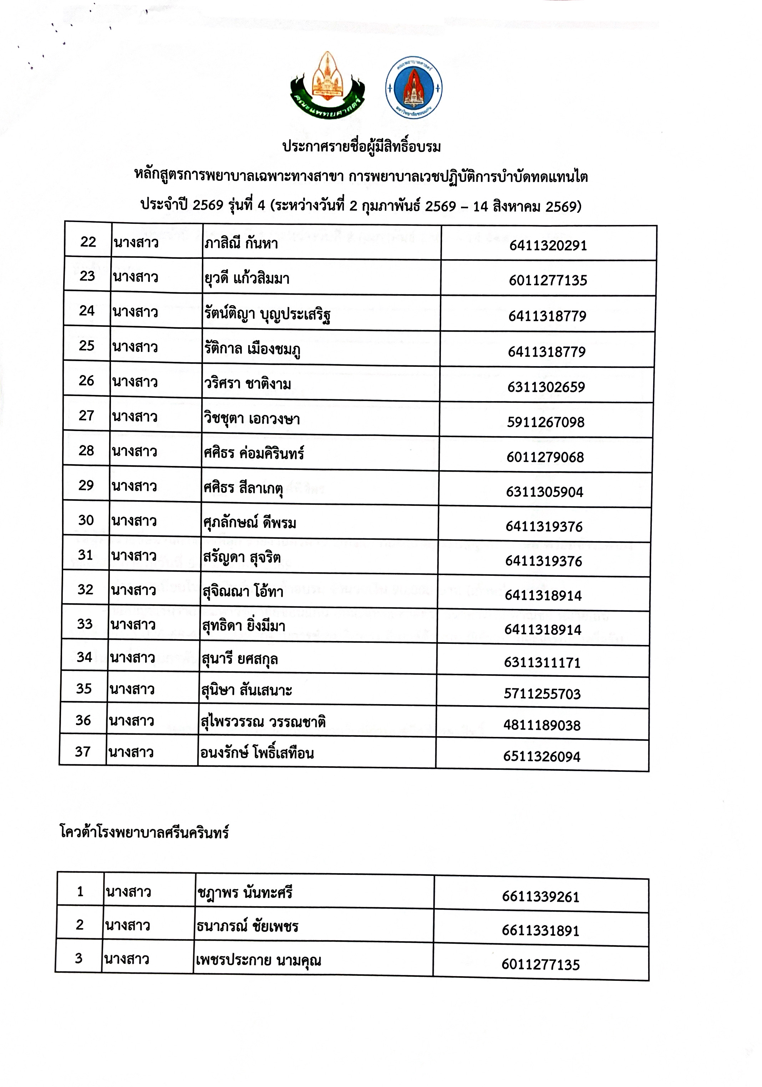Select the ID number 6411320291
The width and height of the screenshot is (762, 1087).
(548, 245)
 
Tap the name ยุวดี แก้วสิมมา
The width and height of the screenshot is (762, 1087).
(247, 278)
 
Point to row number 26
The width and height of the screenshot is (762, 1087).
(86, 381)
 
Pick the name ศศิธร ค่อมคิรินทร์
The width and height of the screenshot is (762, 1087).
(254, 453)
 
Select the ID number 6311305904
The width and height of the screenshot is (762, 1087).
(544, 492)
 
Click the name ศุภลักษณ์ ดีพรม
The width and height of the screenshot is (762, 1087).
(249, 523)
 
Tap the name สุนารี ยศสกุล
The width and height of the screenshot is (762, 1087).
(239, 659)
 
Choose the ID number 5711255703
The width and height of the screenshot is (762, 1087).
(542, 694)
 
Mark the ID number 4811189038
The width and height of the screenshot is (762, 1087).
(542, 725)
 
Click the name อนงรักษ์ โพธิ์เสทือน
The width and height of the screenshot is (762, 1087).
(257, 753)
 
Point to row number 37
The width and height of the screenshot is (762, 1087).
(82, 752)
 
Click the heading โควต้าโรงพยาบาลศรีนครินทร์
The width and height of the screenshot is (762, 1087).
(144, 832)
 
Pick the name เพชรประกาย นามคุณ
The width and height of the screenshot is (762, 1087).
(258, 960)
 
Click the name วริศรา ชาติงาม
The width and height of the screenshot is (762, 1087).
(247, 384)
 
